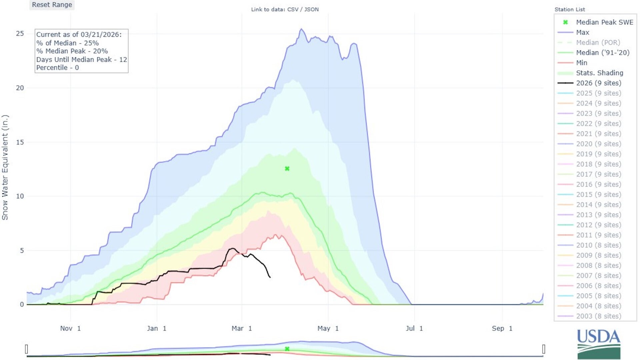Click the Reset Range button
[x=52, y=5]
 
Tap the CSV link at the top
[x=292, y=9]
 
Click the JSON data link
[x=311, y=9]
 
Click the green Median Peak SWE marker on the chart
[x=287, y=169]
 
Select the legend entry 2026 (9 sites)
[x=598, y=83]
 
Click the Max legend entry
[x=582, y=32]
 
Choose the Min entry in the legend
[x=581, y=63]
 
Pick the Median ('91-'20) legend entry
[x=602, y=53]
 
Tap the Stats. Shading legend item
[x=599, y=73]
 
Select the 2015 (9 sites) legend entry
[x=598, y=195]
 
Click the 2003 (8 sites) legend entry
[x=598, y=316]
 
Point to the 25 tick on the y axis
[x=20, y=33]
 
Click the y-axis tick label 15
[x=20, y=142]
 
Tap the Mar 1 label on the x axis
[x=242, y=329]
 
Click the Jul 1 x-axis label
[x=414, y=329]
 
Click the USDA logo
[x=599, y=344]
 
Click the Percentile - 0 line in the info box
[x=57, y=68]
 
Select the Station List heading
[x=570, y=9]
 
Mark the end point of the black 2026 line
[x=270, y=277]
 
